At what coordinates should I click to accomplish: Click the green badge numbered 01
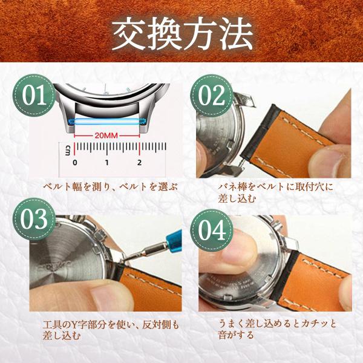pyautogui.click(x=34, y=96)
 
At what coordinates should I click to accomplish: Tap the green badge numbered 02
pyautogui.click(x=212, y=96)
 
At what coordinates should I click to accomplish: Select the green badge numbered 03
pyautogui.click(x=34, y=219)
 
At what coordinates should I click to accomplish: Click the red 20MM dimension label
pyautogui.click(x=106, y=136)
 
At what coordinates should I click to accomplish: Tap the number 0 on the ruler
pyautogui.click(x=74, y=163)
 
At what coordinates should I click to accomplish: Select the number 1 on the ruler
pyautogui.click(x=106, y=163)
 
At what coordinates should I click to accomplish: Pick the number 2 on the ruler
pyautogui.click(x=139, y=163)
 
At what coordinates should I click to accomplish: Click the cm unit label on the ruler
pyautogui.click(x=68, y=151)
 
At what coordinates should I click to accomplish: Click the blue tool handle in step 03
pyautogui.click(x=174, y=239)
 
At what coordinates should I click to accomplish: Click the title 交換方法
pyautogui.click(x=181, y=34)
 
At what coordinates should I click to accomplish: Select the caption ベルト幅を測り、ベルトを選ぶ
pyautogui.click(x=110, y=186)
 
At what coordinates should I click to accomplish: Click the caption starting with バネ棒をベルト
pyautogui.click(x=275, y=192)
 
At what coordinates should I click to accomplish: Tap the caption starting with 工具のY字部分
pyautogui.click(x=111, y=330)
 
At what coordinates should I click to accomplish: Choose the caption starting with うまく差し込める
pyautogui.click(x=277, y=329)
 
